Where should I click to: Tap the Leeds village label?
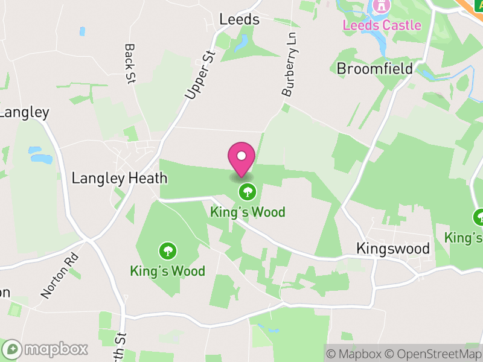[239, 19]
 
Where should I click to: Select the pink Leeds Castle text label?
[382, 25]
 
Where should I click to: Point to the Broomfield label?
[374, 69]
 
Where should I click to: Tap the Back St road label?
[129, 64]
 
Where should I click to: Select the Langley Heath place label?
[119, 178]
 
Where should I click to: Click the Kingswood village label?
[392, 249]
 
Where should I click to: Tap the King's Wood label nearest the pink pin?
[248, 212]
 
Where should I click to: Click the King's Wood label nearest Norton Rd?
[167, 271]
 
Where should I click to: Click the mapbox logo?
[46, 349]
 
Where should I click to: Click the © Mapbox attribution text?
[357, 354]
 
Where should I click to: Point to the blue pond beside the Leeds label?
[243, 43]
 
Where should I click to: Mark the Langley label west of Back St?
[24, 112]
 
